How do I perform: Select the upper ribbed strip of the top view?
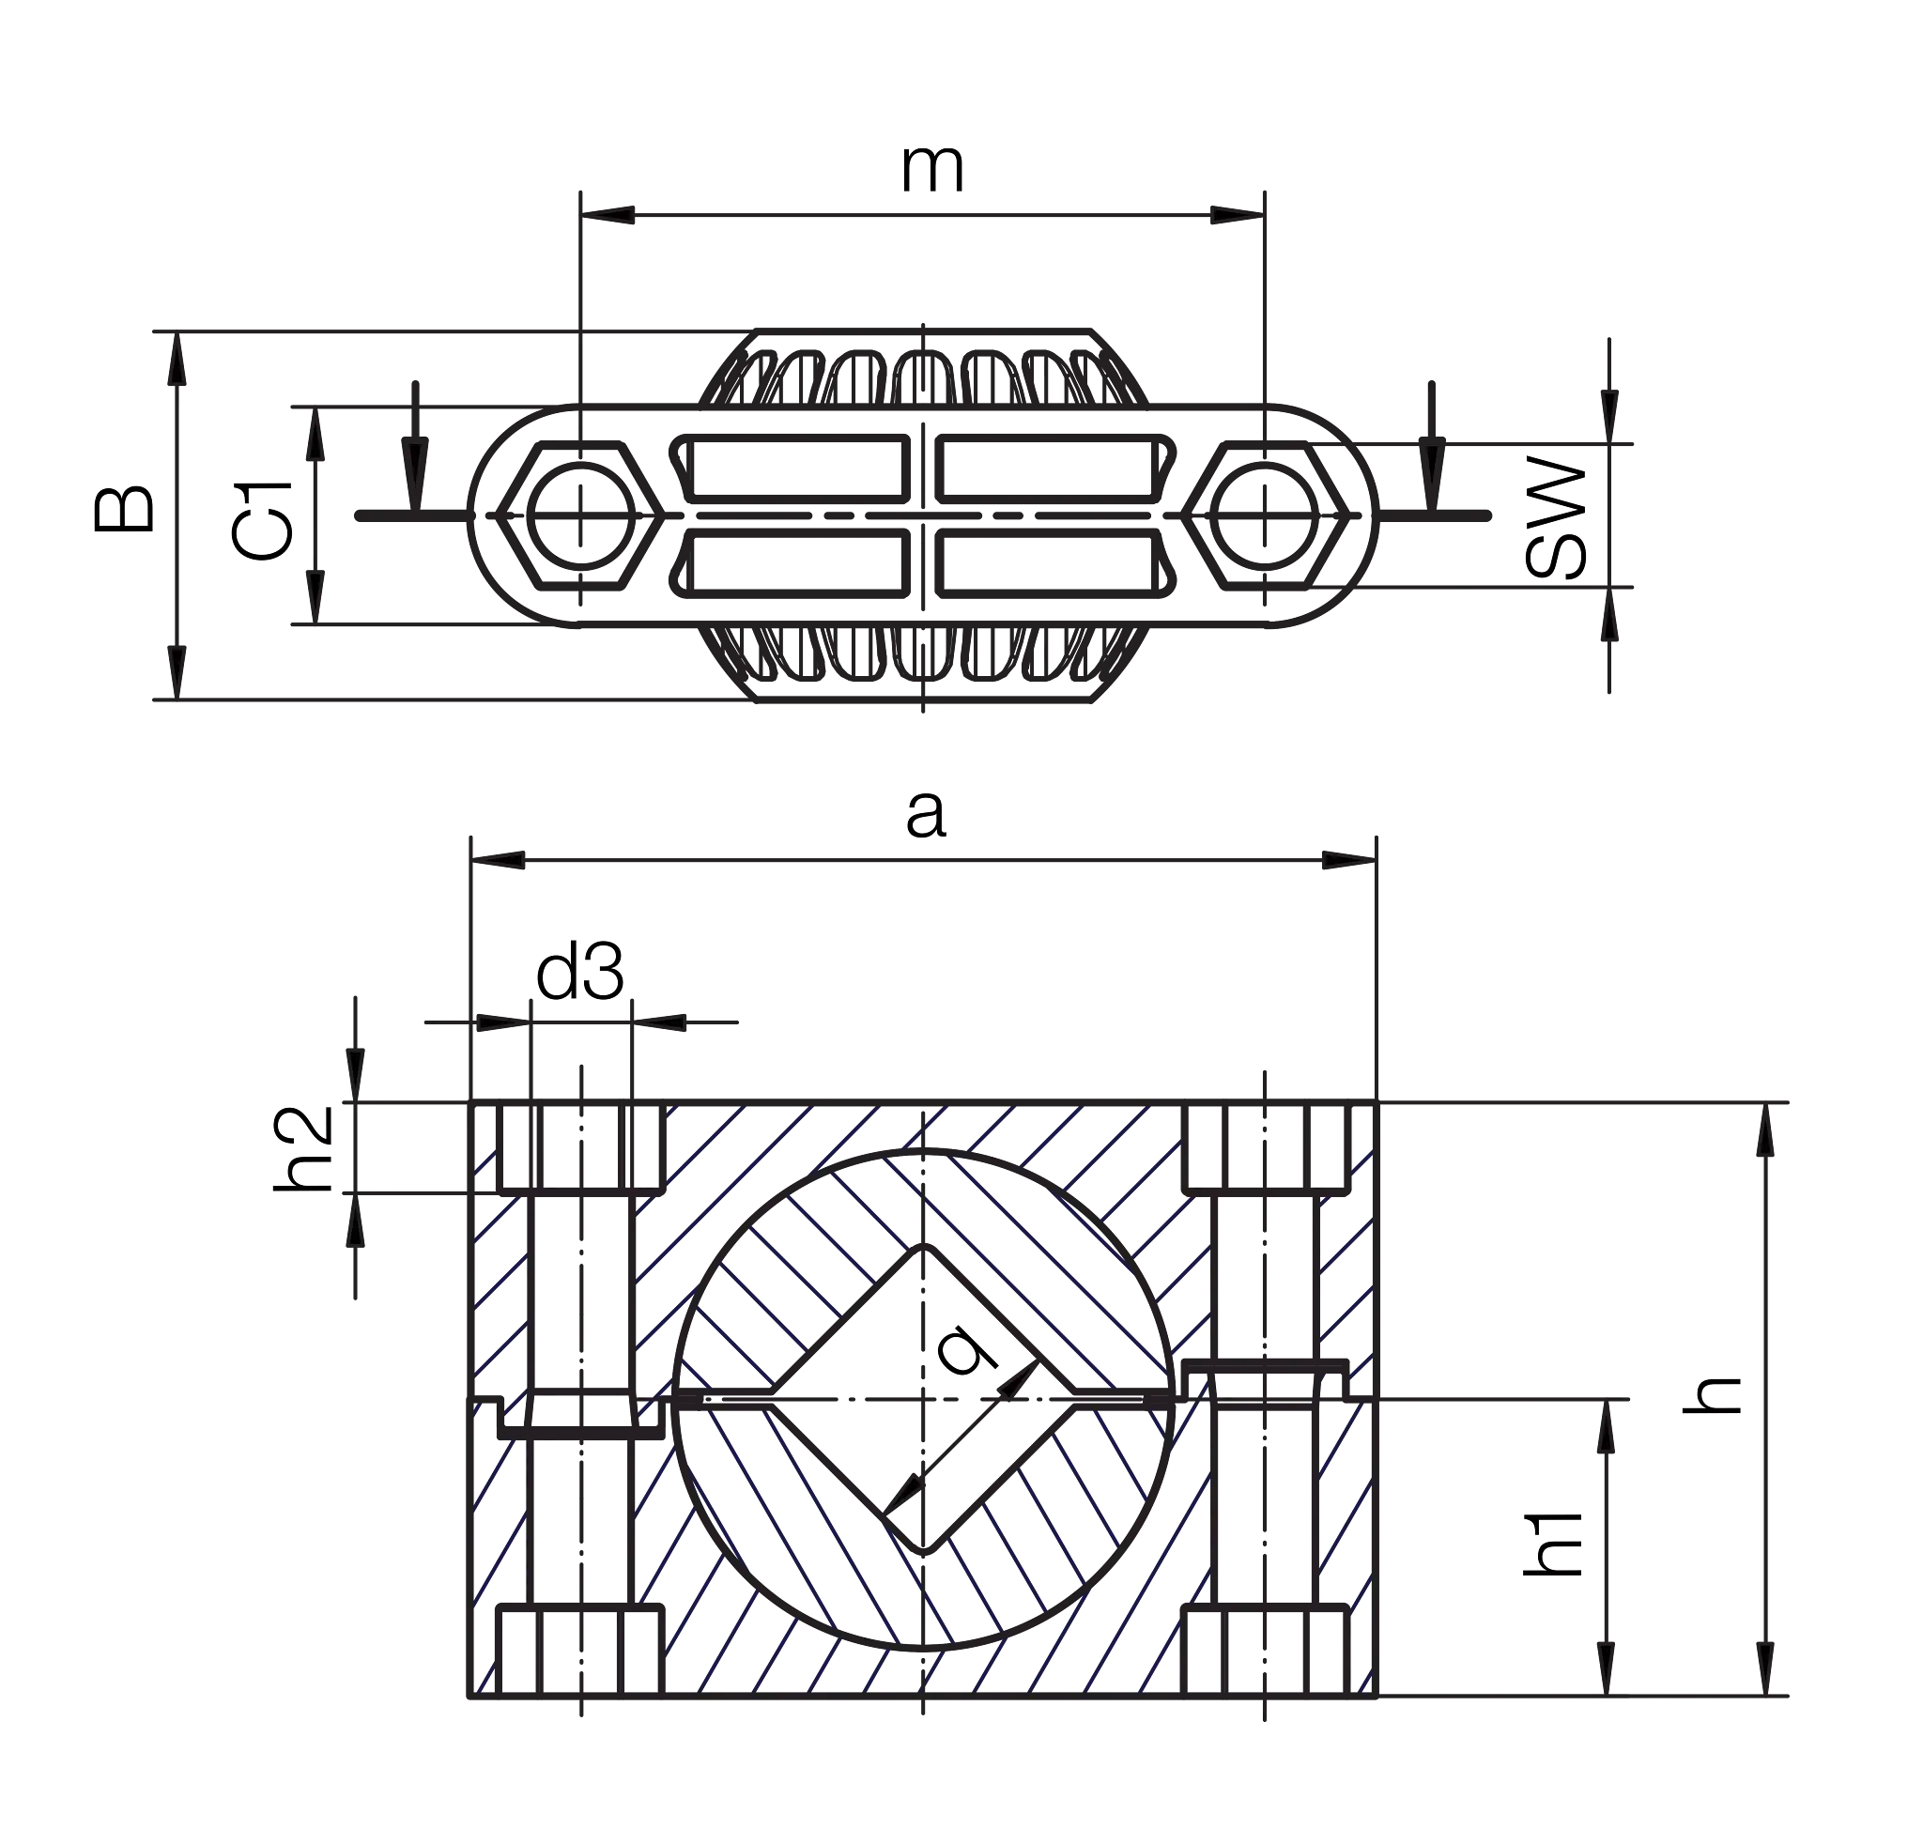(x=922, y=377)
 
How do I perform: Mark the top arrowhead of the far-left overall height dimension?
(x=175, y=358)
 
